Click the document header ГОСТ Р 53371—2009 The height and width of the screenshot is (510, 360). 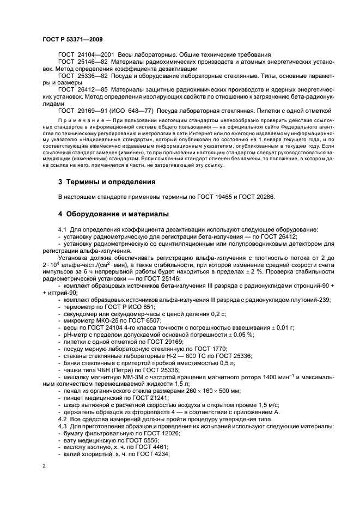pyautogui.click(x=72, y=40)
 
